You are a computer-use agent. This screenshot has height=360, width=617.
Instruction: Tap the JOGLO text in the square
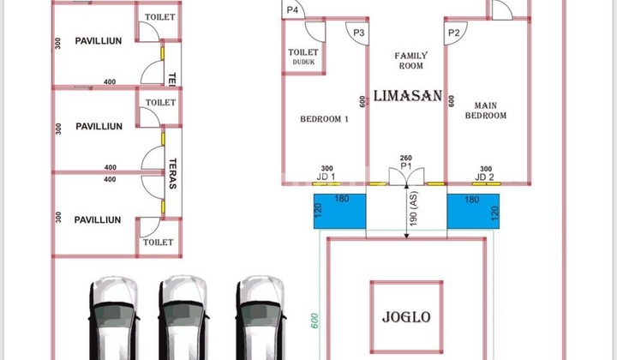(x=405, y=317)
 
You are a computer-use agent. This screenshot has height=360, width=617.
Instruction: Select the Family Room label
(x=410, y=61)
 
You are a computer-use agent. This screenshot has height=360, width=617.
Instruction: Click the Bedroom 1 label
(x=324, y=119)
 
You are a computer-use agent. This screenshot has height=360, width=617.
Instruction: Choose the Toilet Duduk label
(x=303, y=57)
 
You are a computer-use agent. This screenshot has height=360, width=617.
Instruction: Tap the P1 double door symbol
(x=406, y=176)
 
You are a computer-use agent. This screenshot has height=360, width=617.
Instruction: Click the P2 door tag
(x=453, y=33)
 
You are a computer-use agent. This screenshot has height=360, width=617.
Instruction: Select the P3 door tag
(x=359, y=33)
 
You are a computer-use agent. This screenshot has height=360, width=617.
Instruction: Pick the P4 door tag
(x=293, y=9)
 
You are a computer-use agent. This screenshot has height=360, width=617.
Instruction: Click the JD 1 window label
(x=326, y=177)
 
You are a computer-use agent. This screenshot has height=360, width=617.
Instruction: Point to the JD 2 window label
(x=485, y=177)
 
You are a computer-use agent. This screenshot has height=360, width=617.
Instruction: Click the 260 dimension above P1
(x=406, y=159)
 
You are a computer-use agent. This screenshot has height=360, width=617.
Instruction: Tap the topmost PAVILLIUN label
(x=98, y=40)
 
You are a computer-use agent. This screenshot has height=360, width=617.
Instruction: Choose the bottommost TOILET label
(x=159, y=243)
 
